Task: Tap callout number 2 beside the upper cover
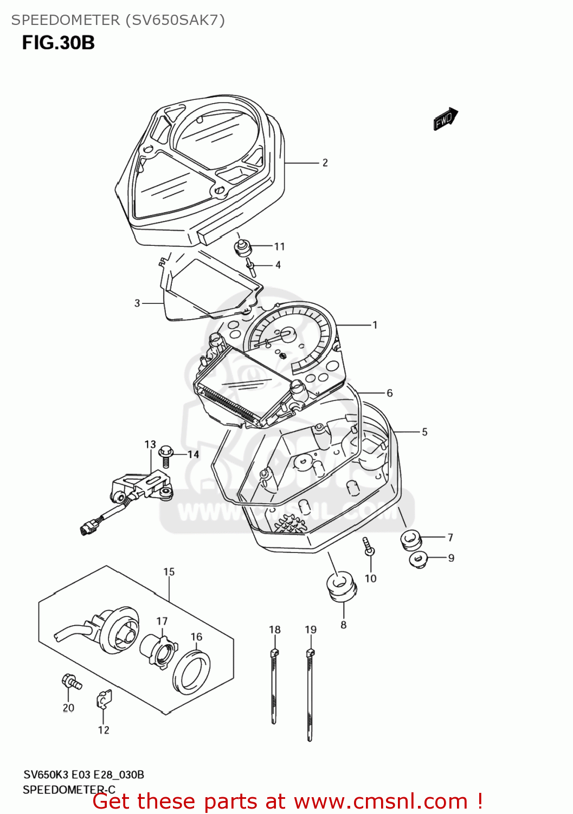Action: (x=325, y=163)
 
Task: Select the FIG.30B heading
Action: (x=59, y=43)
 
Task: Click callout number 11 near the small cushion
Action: (x=279, y=247)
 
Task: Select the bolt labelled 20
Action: (x=70, y=681)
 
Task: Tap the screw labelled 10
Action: (x=369, y=546)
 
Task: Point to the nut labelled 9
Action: (x=418, y=559)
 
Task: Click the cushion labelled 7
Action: (x=410, y=540)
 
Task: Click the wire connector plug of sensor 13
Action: (x=87, y=528)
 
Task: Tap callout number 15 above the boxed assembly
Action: (x=169, y=572)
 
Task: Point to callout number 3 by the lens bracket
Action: (x=137, y=303)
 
